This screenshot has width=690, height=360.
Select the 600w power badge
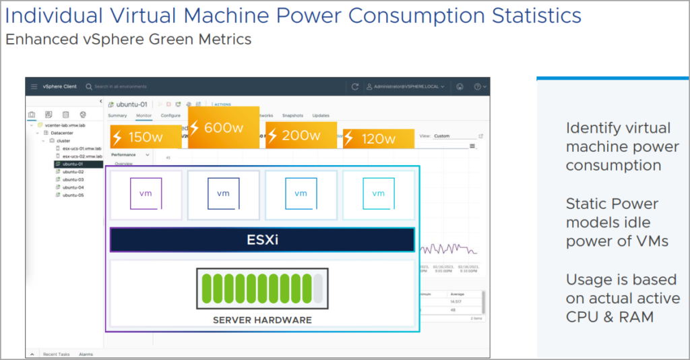[224, 127]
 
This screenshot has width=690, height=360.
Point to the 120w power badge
[378, 139]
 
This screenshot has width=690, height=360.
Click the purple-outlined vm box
[146, 193]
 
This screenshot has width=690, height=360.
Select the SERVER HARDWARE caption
[262, 320]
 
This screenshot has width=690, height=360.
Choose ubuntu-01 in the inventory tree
[73, 164]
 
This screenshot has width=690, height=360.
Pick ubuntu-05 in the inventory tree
[73, 195]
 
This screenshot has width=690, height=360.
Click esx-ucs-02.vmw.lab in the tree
[82, 156]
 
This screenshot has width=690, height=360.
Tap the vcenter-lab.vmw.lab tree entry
[66, 125]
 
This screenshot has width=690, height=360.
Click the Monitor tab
[144, 116]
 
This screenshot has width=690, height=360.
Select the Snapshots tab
[292, 116]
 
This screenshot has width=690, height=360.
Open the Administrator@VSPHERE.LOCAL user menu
[405, 87]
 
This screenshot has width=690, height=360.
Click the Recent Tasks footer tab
[56, 354]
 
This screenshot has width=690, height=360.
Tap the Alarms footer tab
[86, 354]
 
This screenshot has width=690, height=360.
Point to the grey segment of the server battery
[317, 288]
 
